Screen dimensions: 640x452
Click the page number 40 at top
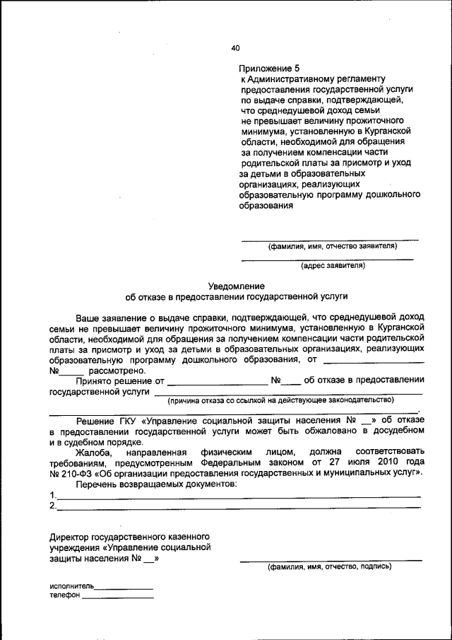coord(235,48)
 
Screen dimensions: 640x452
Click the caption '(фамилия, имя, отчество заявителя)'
coord(332,247)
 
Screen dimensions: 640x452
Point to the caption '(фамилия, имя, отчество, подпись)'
coord(328,566)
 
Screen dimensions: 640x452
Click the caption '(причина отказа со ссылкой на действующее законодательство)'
coord(280,400)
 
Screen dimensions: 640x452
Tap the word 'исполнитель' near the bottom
coord(71,586)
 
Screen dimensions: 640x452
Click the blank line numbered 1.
coord(238,496)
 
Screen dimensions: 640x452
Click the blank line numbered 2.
coord(238,507)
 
